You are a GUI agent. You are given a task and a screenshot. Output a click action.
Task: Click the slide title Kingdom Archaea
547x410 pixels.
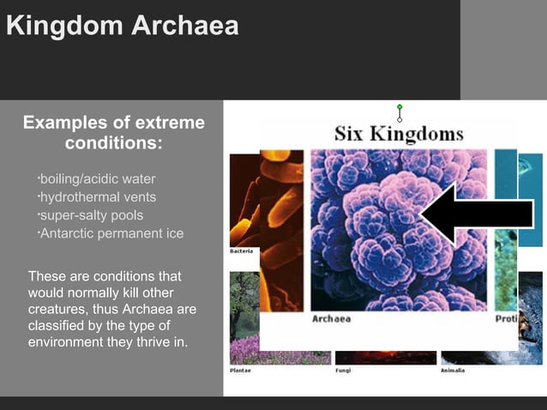pos(122,26)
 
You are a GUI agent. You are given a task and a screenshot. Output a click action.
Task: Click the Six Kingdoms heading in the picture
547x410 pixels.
pos(398,134)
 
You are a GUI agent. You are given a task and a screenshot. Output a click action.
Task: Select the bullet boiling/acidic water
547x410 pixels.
pos(98,179)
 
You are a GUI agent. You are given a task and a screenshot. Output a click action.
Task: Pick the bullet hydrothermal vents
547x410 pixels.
pos(98,197)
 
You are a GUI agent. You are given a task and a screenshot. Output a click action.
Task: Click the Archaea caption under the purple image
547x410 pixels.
pos(331,319)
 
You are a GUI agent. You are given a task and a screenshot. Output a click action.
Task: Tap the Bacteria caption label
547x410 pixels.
pos(241,251)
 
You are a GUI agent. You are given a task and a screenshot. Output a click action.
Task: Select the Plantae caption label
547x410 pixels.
pos(240,371)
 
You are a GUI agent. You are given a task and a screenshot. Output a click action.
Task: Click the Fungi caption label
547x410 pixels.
pos(343,371)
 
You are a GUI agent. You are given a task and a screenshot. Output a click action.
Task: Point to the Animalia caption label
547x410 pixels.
pos(453,371)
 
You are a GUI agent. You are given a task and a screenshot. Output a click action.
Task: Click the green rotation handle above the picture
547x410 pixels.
pos(400,107)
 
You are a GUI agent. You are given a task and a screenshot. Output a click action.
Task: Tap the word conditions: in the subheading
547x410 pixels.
pos(113,142)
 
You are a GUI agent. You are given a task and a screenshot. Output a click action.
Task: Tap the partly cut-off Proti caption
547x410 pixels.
pos(506,319)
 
